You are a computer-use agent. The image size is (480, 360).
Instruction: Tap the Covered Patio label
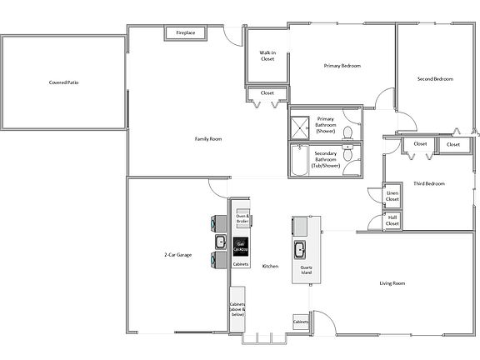(x=62, y=82)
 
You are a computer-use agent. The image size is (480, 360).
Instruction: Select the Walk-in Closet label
(x=267, y=56)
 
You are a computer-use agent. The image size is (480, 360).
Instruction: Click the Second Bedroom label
(x=435, y=79)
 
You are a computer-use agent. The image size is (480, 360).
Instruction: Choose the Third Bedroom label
(x=429, y=183)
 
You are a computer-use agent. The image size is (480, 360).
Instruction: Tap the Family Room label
(x=208, y=138)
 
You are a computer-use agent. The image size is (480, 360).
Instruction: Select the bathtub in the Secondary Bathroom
(x=299, y=161)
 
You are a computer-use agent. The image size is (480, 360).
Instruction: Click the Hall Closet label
(x=392, y=221)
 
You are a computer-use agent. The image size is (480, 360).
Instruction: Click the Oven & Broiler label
(x=242, y=217)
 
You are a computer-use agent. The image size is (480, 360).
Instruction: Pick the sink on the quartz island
(x=299, y=248)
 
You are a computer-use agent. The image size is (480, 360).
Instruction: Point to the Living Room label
(x=392, y=283)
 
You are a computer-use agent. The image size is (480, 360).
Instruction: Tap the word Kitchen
(x=270, y=266)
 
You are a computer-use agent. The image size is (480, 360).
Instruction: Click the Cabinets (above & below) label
(x=237, y=310)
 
